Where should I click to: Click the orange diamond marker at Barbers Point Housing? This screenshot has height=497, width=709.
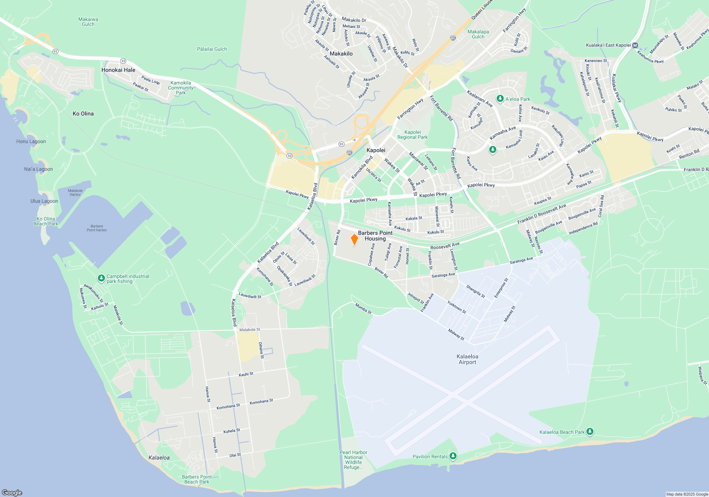pyautogui.click(x=354, y=240)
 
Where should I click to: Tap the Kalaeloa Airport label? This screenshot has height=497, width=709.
pyautogui.click(x=467, y=359)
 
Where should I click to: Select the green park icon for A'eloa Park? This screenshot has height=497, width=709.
pyautogui.click(x=500, y=99)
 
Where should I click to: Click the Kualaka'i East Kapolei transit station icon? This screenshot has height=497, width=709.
pyautogui.click(x=635, y=45)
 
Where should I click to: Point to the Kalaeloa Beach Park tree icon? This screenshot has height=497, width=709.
pyautogui.click(x=590, y=431)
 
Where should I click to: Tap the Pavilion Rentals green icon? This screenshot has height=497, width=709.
pyautogui.click(x=453, y=456)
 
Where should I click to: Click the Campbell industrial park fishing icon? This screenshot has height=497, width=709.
pyautogui.click(x=101, y=278)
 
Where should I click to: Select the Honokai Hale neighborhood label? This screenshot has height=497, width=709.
pyautogui.click(x=118, y=70)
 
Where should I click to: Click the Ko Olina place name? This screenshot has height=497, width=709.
pyautogui.click(x=83, y=114)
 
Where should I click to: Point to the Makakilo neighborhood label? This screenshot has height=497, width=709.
pyautogui.click(x=341, y=54)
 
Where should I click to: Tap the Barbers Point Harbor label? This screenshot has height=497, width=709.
pyautogui.click(x=97, y=228)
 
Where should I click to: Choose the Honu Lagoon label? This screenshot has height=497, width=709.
pyautogui.click(x=31, y=141)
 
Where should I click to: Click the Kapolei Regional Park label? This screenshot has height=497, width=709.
pyautogui.click(x=412, y=135)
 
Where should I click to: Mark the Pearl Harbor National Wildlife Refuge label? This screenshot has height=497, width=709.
pyautogui.click(x=353, y=460)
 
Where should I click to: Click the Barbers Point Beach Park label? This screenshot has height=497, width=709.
pyautogui.click(x=197, y=479)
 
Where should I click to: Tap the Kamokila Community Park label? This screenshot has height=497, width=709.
pyautogui.click(x=181, y=88)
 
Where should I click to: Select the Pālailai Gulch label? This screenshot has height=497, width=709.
pyautogui.click(x=212, y=49)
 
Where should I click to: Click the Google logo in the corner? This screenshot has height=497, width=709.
pyautogui.click(x=12, y=492)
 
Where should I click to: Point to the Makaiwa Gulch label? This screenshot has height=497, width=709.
pyautogui.click(x=88, y=22)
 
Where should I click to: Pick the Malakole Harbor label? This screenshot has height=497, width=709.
pyautogui.click(x=75, y=192)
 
